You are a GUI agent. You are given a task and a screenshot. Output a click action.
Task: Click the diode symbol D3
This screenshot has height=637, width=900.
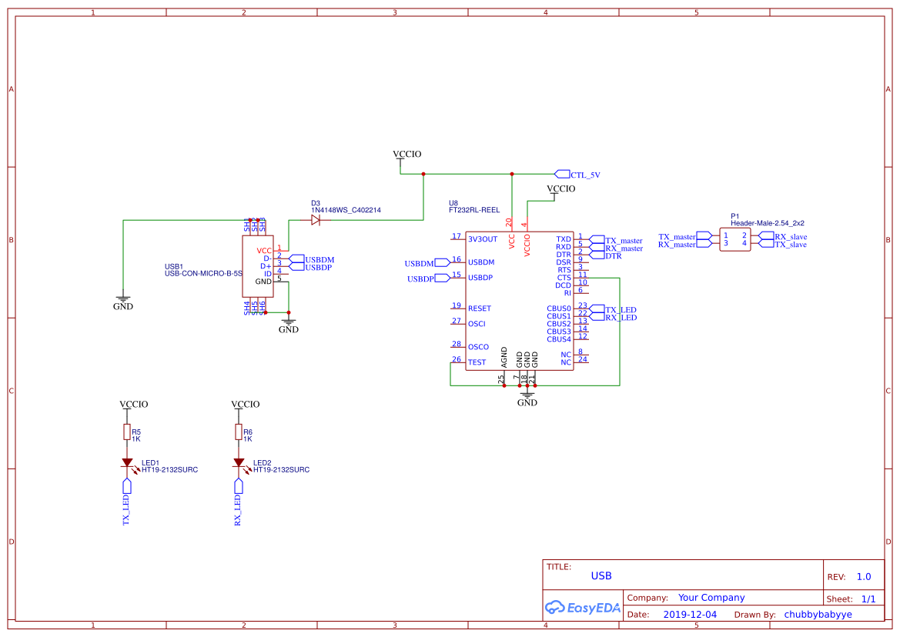point(316,220)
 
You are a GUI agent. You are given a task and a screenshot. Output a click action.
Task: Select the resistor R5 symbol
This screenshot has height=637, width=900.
point(127,432)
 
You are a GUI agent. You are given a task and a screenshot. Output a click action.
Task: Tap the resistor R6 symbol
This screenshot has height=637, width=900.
point(239,432)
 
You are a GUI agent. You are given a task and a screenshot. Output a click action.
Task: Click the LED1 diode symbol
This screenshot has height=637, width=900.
point(127,463)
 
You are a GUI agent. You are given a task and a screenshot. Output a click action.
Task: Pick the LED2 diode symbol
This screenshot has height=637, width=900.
point(239,463)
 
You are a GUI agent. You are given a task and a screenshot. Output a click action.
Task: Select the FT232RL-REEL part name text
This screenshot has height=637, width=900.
point(474,209)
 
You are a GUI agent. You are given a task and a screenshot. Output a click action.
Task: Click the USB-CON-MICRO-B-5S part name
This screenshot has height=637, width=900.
point(203,273)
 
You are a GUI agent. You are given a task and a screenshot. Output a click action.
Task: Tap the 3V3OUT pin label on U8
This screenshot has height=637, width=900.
point(483,239)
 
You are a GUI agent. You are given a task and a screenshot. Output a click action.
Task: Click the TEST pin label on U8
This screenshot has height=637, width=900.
point(477,362)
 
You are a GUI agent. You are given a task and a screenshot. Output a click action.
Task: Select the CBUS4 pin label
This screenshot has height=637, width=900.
point(559,339)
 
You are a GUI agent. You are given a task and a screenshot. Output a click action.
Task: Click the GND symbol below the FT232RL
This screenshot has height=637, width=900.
point(527,396)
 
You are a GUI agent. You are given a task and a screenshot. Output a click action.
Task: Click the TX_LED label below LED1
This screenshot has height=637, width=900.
point(127,510)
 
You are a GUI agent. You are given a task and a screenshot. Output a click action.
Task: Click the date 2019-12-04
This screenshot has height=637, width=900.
point(690,615)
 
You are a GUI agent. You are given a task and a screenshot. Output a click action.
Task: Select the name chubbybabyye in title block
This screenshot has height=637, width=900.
point(818,615)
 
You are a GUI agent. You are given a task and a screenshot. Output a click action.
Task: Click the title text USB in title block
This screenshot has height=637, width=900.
point(601,575)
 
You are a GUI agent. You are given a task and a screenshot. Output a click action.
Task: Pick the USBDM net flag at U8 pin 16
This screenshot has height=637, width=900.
point(420,263)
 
